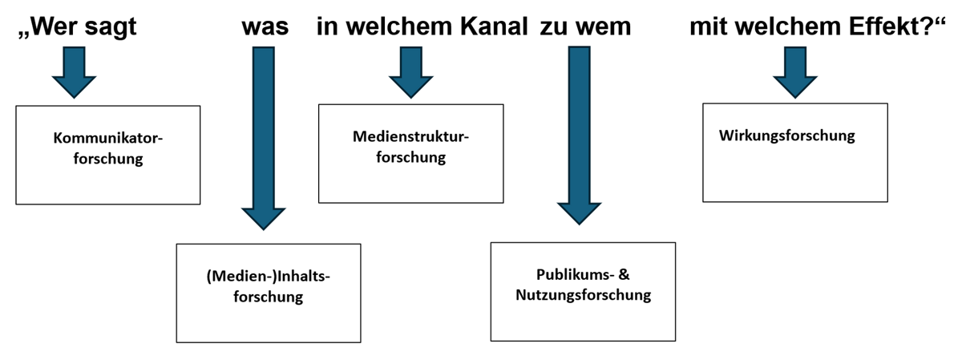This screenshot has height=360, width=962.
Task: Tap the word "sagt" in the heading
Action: (x=111, y=28)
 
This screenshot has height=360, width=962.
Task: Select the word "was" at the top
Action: (x=265, y=28)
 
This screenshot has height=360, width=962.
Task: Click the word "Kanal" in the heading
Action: (x=494, y=26)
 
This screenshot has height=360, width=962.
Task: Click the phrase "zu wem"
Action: (x=585, y=28)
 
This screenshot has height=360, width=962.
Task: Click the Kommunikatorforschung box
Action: (x=107, y=155)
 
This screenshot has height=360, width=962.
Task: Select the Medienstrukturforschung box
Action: (x=411, y=154)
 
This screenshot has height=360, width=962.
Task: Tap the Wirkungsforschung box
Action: (x=795, y=152)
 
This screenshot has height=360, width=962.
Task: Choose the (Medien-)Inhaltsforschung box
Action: (x=269, y=293)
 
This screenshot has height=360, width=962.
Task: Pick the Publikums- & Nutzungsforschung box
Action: (x=583, y=292)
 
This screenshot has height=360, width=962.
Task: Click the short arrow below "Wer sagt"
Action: (x=74, y=72)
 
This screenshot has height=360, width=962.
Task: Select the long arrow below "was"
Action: (x=263, y=139)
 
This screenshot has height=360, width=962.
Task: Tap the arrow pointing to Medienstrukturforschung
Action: (x=411, y=72)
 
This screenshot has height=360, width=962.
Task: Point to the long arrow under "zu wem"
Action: (x=579, y=136)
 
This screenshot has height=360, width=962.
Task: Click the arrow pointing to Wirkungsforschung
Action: (x=795, y=72)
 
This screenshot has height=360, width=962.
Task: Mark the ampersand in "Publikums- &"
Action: (x=624, y=274)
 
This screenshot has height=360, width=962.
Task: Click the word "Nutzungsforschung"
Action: (x=584, y=295)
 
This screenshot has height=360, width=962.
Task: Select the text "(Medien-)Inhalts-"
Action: (x=268, y=277)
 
